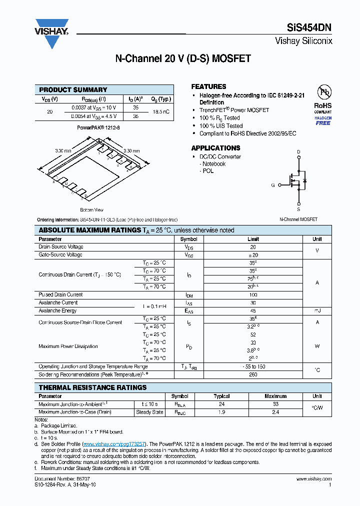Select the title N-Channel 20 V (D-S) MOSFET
click(183, 59)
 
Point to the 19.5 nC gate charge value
click(161, 111)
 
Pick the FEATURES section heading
click(208, 86)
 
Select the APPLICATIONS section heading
click(215, 148)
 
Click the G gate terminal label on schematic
click(273, 185)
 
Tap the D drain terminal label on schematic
click(298, 151)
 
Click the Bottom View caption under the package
click(91, 210)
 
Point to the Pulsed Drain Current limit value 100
click(253, 295)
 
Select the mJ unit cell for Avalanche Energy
click(317, 311)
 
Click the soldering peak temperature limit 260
click(253, 374)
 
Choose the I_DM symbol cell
click(189, 295)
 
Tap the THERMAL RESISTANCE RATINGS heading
click(92, 387)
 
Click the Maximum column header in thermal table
click(275, 396)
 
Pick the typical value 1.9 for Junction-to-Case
click(222, 412)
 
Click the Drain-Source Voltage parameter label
click(61, 247)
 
